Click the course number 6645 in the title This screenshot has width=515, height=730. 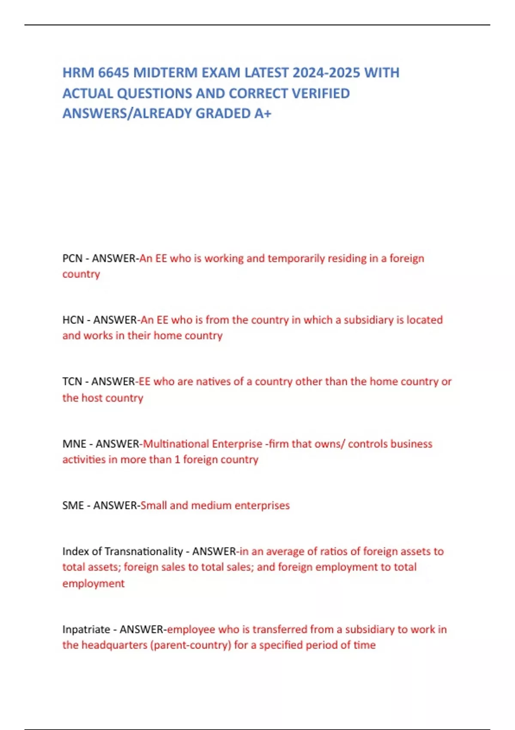click(x=113, y=73)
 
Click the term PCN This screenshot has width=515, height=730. click(x=72, y=259)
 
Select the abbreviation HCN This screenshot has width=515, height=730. click(x=73, y=320)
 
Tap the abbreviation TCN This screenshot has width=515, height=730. click(x=72, y=381)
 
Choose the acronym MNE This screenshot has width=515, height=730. click(x=74, y=444)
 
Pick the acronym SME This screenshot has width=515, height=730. click(x=73, y=505)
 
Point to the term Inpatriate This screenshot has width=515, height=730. click(x=86, y=630)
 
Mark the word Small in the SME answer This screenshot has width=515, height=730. click(x=154, y=505)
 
